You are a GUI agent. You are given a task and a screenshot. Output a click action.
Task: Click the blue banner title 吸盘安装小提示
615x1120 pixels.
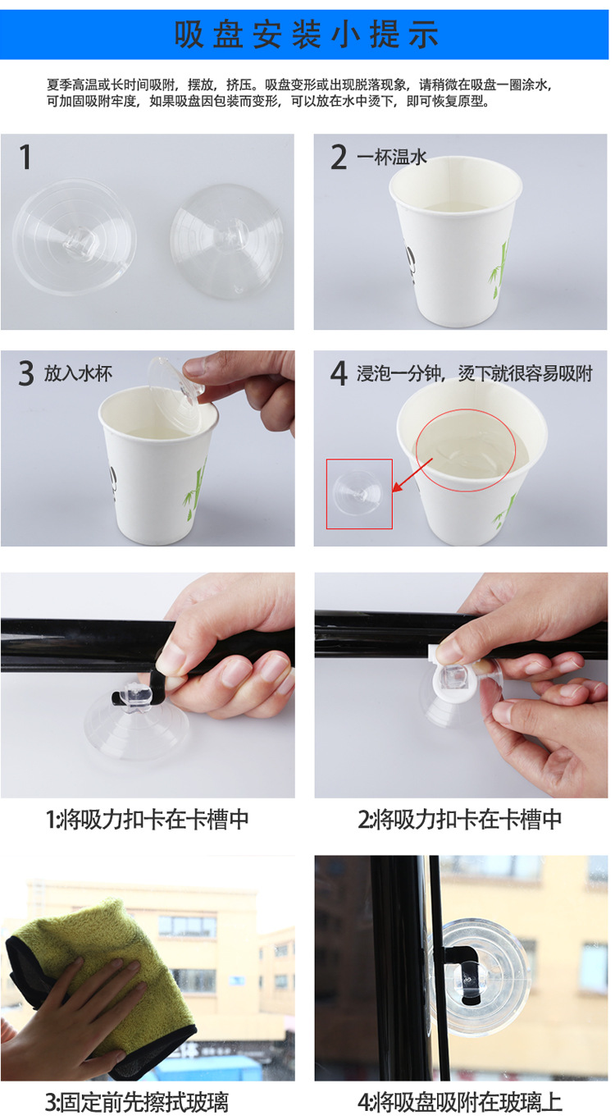[306, 34]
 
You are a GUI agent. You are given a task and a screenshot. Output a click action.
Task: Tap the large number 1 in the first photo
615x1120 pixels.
[25, 157]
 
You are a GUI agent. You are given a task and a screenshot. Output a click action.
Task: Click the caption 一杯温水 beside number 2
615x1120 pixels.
[392, 157]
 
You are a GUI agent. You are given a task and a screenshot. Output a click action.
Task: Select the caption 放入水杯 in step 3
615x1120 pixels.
[78, 373]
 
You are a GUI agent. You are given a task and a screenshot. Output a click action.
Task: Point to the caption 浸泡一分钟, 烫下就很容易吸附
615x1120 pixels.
[474, 373]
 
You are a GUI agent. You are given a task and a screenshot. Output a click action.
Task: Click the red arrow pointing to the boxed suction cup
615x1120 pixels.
[412, 475]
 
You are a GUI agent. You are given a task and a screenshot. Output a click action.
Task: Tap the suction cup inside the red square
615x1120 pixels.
[358, 492]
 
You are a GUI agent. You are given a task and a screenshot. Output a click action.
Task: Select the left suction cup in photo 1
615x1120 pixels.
[74, 237]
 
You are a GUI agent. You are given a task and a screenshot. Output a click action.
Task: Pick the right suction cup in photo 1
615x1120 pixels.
[225, 241]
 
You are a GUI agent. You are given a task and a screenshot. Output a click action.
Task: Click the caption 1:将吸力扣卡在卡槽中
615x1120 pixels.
[148, 820]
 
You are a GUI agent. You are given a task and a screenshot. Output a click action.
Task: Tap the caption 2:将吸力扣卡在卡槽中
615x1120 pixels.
[460, 820]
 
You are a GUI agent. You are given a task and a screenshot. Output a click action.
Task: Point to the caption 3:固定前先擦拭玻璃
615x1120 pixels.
[137, 1101]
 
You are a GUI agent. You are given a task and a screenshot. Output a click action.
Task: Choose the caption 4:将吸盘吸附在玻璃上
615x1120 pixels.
[460, 1101]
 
